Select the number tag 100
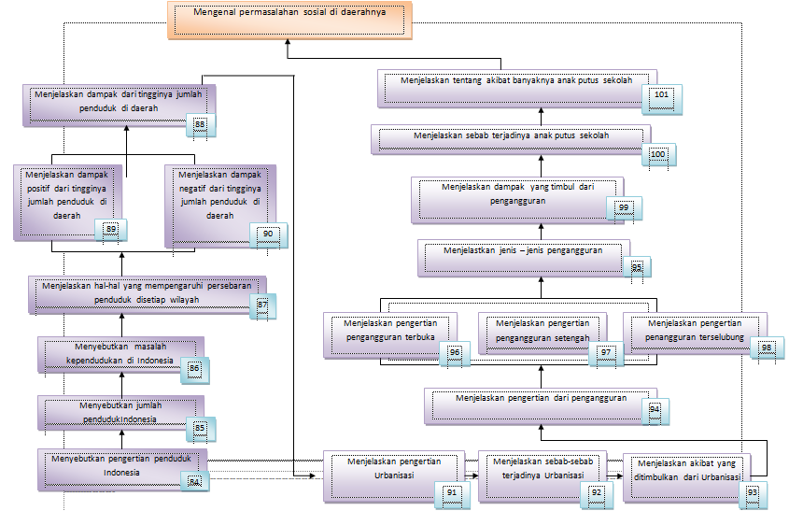657,155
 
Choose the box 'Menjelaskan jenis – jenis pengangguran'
523,253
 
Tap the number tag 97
605,352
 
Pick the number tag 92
597,491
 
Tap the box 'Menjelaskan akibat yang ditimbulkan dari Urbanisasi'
686,473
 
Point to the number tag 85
198,428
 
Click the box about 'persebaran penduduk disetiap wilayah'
145,293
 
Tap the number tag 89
111,229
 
